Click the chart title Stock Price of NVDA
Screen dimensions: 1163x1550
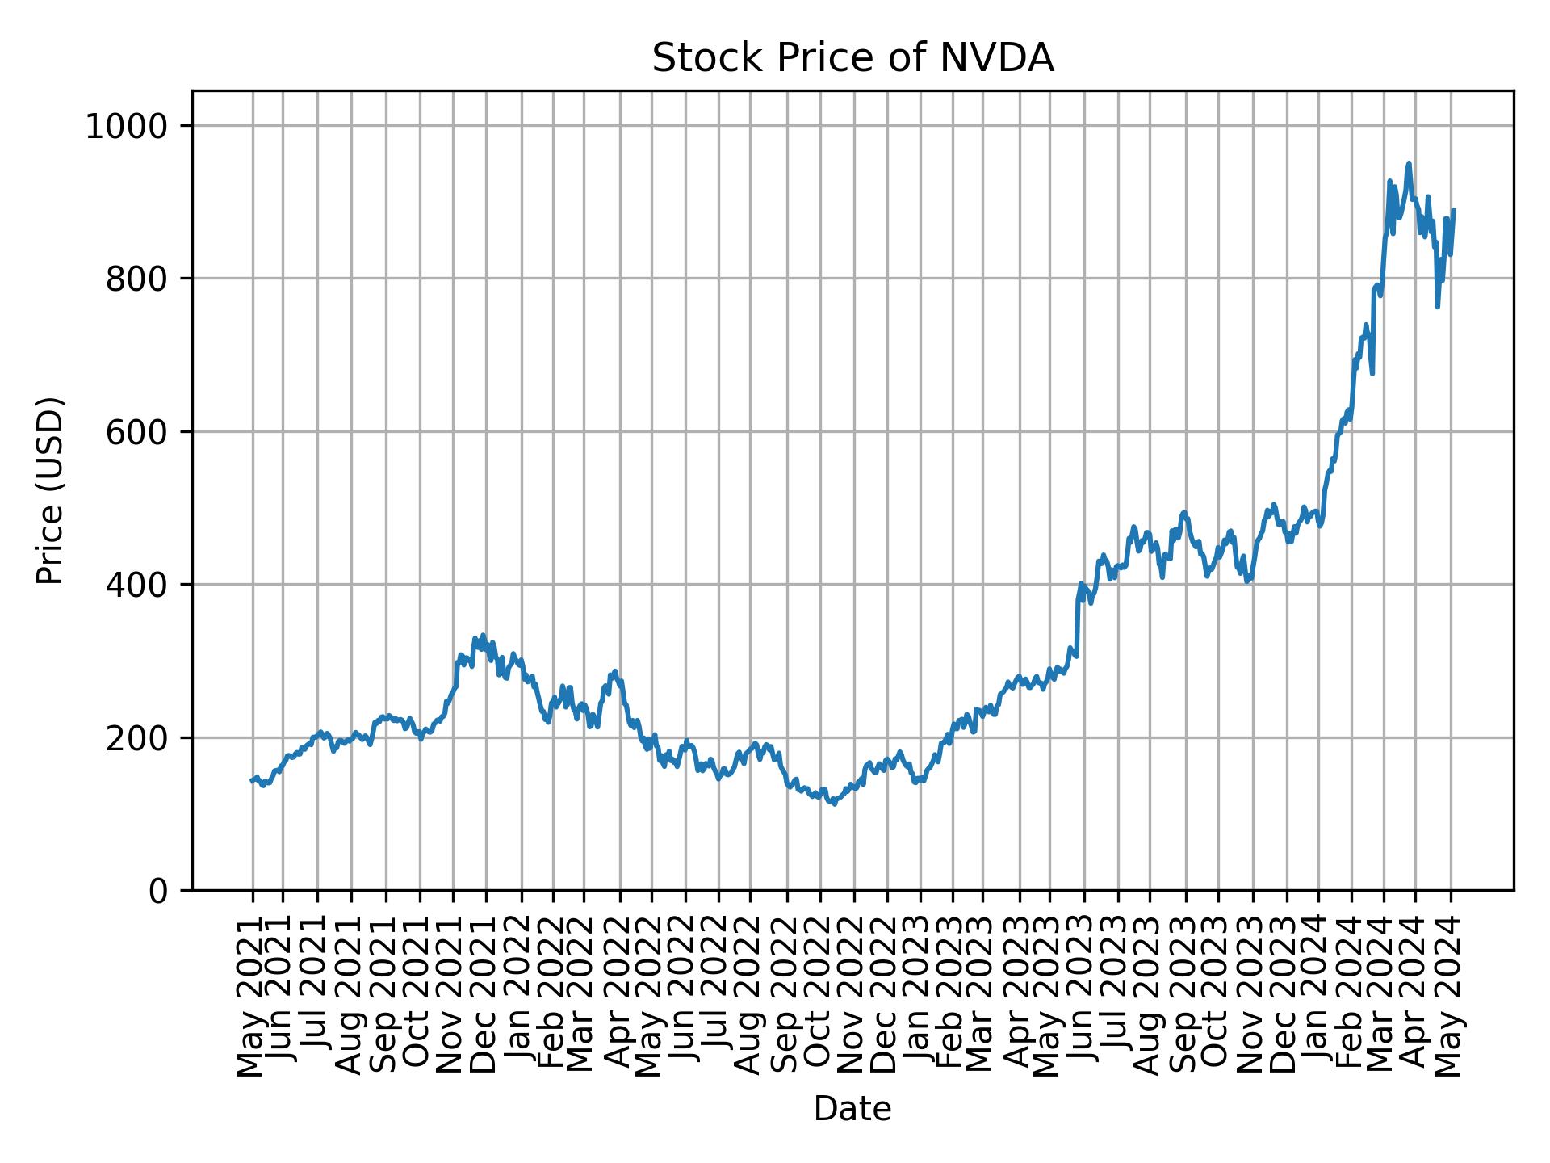852,59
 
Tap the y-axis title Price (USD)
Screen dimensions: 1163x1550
50,490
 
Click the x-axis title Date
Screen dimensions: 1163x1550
852,1110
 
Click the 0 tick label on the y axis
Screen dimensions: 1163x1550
159,891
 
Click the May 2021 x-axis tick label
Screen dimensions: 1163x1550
252,997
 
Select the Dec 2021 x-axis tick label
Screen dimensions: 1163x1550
486,997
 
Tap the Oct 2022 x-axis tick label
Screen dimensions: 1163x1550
820,997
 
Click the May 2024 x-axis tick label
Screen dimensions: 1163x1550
1451,997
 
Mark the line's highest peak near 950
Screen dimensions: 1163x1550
1409,163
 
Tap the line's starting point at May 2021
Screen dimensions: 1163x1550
252,780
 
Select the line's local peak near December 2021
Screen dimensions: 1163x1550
483,636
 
